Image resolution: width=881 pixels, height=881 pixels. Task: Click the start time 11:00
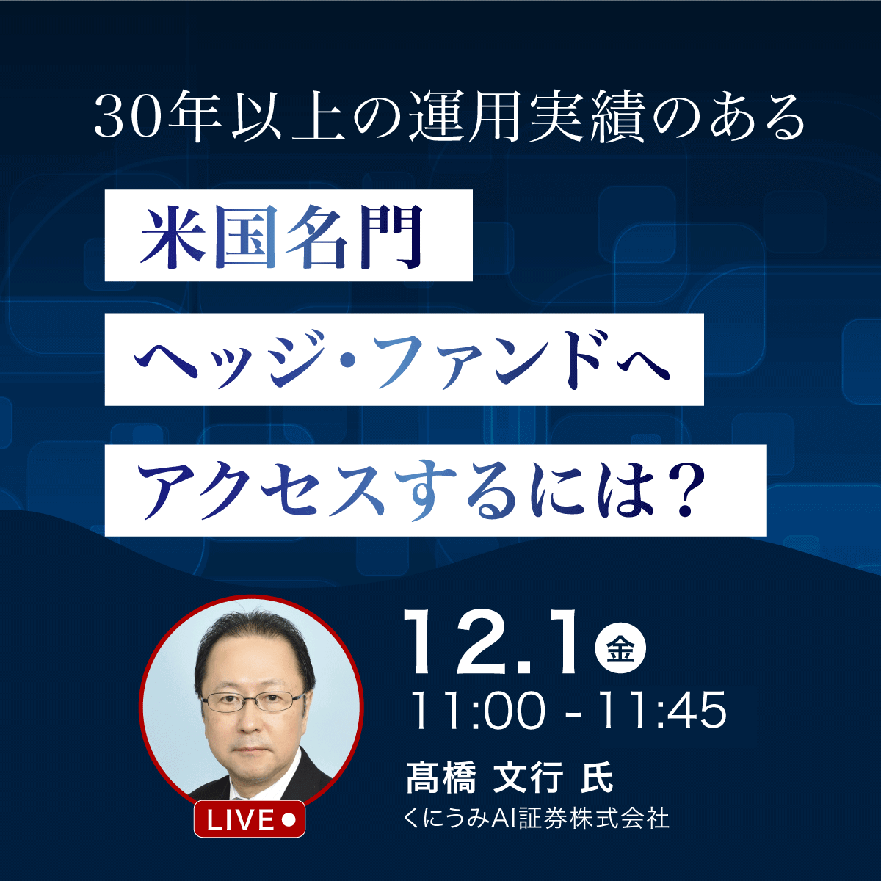pyautogui.click(x=476, y=711)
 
